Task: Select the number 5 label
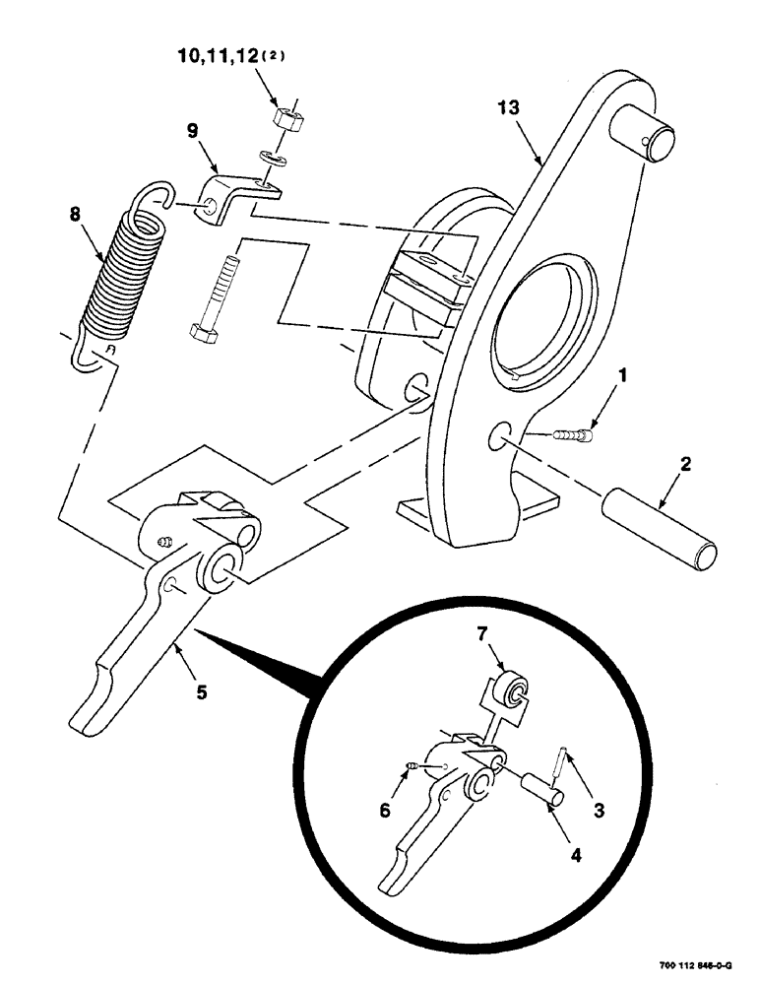[x=201, y=692]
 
